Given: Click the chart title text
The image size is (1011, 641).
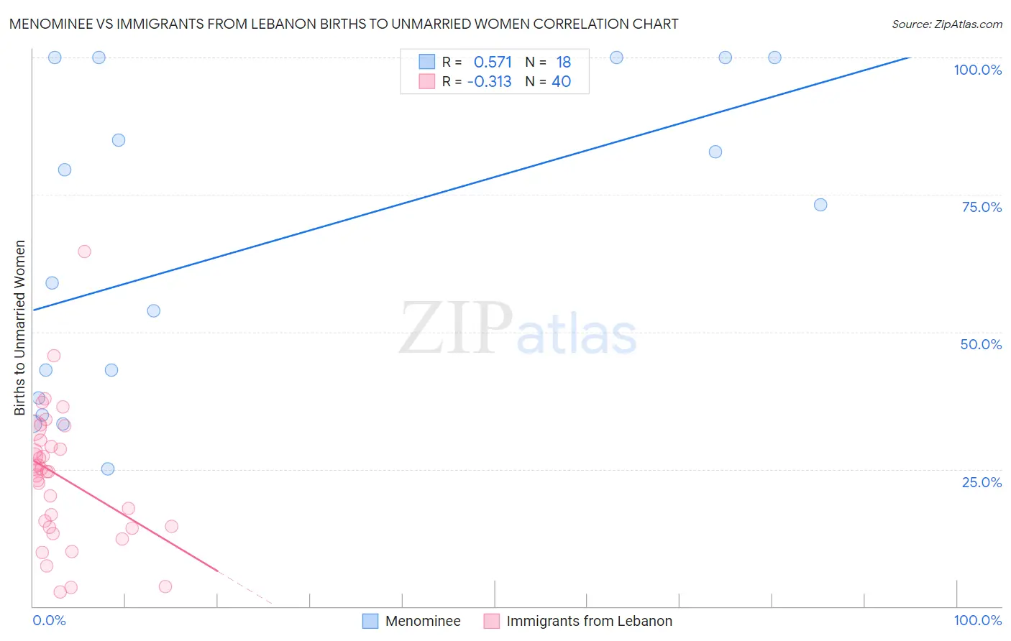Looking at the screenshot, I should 344,24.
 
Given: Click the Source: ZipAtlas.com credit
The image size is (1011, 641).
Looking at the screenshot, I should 946,24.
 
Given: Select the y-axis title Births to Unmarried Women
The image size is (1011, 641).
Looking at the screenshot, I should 20,328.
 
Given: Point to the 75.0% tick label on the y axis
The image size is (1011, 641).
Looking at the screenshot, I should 981,207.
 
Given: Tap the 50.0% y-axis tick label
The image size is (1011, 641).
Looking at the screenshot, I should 980,344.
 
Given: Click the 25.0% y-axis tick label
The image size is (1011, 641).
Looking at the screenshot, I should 981,482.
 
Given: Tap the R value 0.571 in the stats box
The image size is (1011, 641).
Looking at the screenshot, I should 493,63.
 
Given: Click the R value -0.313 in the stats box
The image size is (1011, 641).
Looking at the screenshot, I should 489,82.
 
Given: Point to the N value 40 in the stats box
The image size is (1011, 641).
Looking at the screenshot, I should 561,82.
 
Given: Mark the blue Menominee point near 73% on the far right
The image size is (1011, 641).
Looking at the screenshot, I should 820,205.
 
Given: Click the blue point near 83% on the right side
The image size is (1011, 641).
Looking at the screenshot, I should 715,152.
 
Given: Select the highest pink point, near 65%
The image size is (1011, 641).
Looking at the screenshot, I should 84,252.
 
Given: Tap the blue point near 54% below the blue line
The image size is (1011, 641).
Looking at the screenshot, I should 153,311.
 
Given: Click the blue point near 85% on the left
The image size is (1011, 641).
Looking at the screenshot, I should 119,140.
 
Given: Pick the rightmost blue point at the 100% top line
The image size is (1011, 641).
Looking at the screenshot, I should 774,57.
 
